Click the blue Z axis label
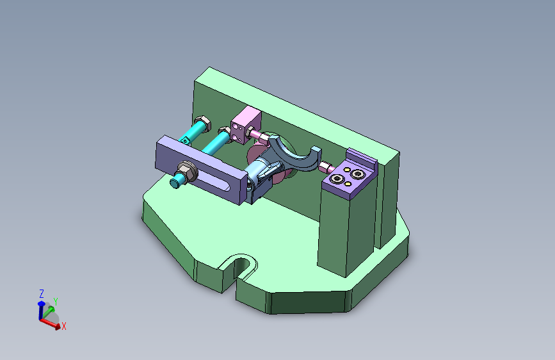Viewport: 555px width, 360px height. click(42, 293)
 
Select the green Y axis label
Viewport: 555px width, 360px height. click(56, 301)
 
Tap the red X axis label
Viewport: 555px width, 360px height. click(64, 326)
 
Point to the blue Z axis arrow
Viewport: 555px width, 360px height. click(42, 308)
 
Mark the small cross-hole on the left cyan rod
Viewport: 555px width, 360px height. click(188, 138)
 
